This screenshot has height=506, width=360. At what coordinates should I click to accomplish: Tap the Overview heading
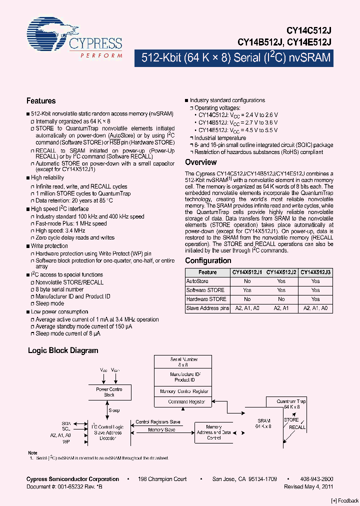(x=201, y=162)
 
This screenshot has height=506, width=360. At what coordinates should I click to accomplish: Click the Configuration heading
(x=208, y=260)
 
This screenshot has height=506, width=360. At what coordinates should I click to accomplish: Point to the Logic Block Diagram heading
(x=63, y=350)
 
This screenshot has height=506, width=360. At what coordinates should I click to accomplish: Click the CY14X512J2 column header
(x=281, y=272)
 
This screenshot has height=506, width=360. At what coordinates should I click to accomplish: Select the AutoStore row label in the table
(x=197, y=281)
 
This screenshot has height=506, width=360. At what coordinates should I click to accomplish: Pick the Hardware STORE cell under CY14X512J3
(x=315, y=299)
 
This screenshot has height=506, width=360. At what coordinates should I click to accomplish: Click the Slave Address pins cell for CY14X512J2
(x=281, y=308)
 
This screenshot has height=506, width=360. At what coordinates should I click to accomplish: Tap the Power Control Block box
(x=109, y=392)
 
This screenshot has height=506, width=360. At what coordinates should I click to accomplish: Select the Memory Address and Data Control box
(x=214, y=432)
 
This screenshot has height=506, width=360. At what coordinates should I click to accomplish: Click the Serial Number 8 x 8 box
(x=184, y=362)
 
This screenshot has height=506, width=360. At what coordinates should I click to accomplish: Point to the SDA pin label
(x=66, y=422)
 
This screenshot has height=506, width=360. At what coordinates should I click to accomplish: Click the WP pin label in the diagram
(x=66, y=442)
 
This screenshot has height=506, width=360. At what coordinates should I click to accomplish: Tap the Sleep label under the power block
(x=115, y=410)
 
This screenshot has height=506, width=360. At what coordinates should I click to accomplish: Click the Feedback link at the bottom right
(x=345, y=500)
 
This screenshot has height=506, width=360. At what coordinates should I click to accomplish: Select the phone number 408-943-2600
(x=316, y=479)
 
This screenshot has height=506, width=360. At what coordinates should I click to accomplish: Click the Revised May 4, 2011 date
(x=308, y=486)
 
